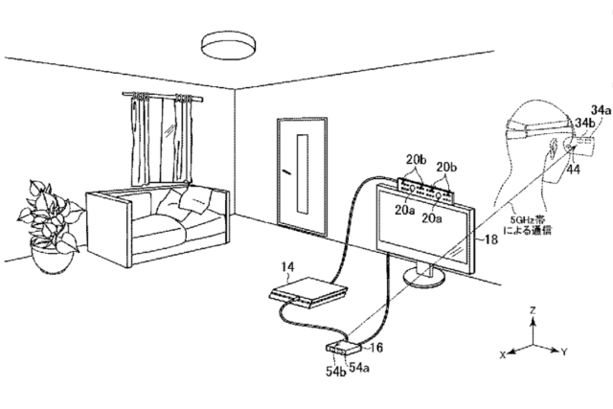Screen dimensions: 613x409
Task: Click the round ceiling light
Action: coord(229,46)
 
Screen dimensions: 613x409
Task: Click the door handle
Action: coord(286,170)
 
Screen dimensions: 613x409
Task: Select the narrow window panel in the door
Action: coord(303,174)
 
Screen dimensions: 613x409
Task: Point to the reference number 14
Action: coord(287,267)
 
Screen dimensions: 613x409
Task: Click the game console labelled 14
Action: coord(308,293)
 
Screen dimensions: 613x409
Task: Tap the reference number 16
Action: coord(376,348)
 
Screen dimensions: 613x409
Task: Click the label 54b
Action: coord(336,372)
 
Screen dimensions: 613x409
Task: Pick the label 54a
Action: coord(359,368)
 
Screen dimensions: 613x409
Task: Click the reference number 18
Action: coord(491,239)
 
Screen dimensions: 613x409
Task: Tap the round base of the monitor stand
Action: coord(423,277)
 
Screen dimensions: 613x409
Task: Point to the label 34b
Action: coord(584,124)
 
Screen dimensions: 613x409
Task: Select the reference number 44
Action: coord(573,169)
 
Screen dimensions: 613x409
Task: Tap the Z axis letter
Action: coord(533,310)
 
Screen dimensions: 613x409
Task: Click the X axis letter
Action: coord(503,354)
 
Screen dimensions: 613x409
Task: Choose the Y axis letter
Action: coord(564,352)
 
